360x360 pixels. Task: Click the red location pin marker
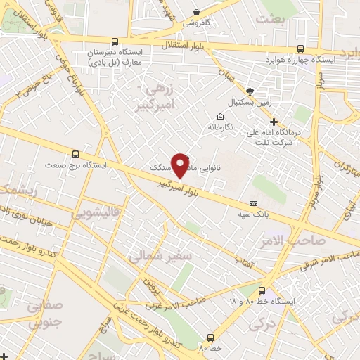click(x=181, y=165)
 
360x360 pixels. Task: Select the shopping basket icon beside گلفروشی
click(x=196, y=12)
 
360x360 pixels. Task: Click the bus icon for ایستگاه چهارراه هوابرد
click(x=301, y=49)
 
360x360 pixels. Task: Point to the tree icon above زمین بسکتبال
click(x=250, y=91)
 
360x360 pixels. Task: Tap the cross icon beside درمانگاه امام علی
click(x=274, y=122)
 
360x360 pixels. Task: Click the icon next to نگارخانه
click(x=220, y=116)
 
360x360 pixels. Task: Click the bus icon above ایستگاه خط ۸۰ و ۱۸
click(x=262, y=290)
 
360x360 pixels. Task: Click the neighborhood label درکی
click(x=264, y=324)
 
